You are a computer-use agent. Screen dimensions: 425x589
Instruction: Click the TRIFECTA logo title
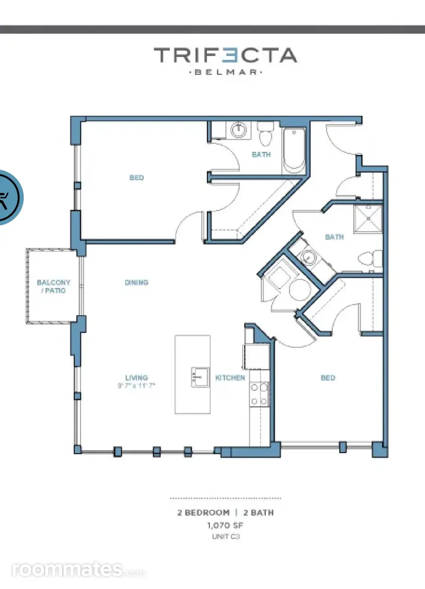(x=225, y=55)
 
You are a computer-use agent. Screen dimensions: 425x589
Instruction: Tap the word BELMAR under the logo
(x=225, y=72)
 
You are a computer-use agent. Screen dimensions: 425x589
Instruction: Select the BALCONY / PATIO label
(x=54, y=286)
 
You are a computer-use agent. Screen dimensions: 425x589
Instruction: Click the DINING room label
(x=137, y=283)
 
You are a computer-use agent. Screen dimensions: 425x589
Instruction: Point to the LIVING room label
(x=137, y=378)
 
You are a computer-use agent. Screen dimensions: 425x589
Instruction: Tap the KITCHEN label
(x=230, y=378)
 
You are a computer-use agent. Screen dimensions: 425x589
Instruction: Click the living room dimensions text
(x=137, y=386)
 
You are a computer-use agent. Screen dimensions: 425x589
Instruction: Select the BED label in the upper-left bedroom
(x=137, y=178)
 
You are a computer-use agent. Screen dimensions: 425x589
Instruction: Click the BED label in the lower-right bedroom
(x=328, y=378)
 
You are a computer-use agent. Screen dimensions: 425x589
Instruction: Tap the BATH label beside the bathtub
(x=261, y=154)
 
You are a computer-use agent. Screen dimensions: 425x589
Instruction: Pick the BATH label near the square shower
(x=334, y=237)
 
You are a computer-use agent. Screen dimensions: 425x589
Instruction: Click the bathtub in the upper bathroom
(x=294, y=150)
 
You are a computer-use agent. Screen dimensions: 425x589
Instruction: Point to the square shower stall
(x=368, y=219)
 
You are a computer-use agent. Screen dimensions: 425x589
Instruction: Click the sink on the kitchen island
(x=200, y=377)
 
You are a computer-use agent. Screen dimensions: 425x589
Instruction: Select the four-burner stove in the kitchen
(x=259, y=394)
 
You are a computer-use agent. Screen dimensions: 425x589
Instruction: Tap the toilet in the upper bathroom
(x=265, y=134)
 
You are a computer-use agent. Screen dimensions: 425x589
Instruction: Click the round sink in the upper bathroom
(x=239, y=129)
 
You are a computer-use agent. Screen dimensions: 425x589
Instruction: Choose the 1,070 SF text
(x=225, y=525)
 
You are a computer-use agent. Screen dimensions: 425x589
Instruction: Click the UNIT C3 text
(x=226, y=537)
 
